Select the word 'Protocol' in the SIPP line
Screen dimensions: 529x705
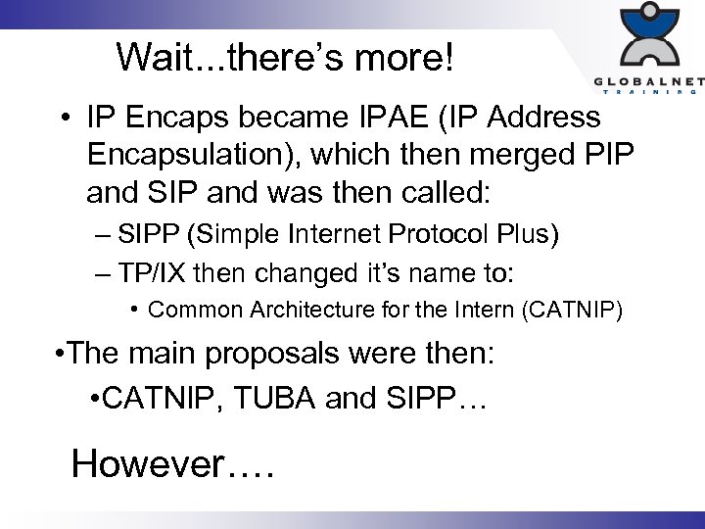pyautogui.click(x=386, y=236)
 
